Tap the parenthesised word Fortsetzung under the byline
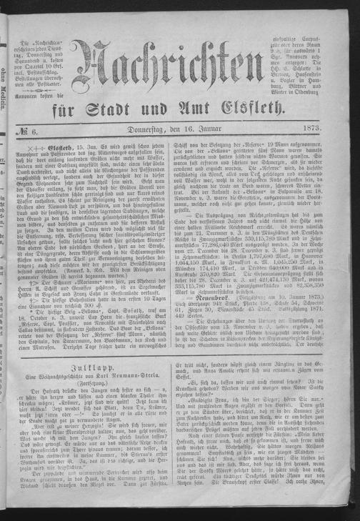tap(91, 359)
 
